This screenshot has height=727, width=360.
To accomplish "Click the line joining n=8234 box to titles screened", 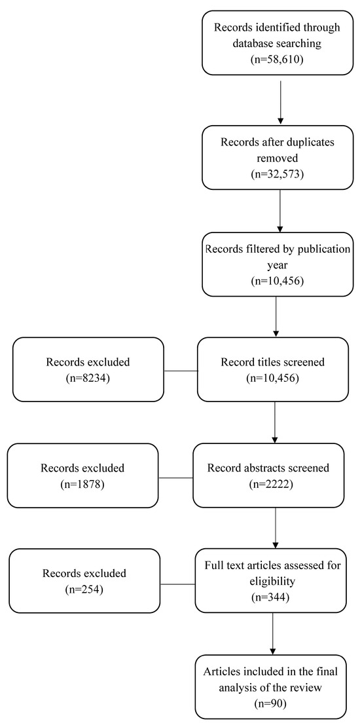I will (180, 370).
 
